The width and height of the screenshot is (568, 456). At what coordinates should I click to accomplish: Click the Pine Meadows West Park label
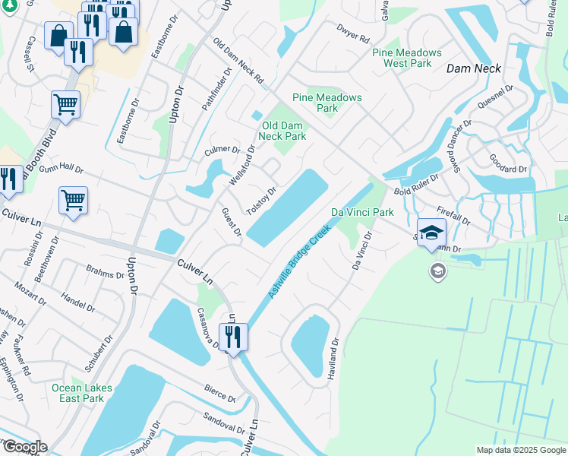click(x=407, y=58)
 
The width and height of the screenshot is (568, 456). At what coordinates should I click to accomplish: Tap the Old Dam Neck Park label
click(x=282, y=131)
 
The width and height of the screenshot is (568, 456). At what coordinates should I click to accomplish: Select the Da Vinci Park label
click(x=362, y=212)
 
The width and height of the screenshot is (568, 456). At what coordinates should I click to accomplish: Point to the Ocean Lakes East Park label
click(x=82, y=393)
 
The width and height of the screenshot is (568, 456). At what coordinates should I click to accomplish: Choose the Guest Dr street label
click(x=230, y=221)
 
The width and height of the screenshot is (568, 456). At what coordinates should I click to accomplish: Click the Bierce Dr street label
click(x=219, y=392)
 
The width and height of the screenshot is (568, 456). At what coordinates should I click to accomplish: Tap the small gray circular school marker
click(x=437, y=271)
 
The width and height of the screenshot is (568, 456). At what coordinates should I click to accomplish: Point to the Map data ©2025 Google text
click(x=520, y=450)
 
